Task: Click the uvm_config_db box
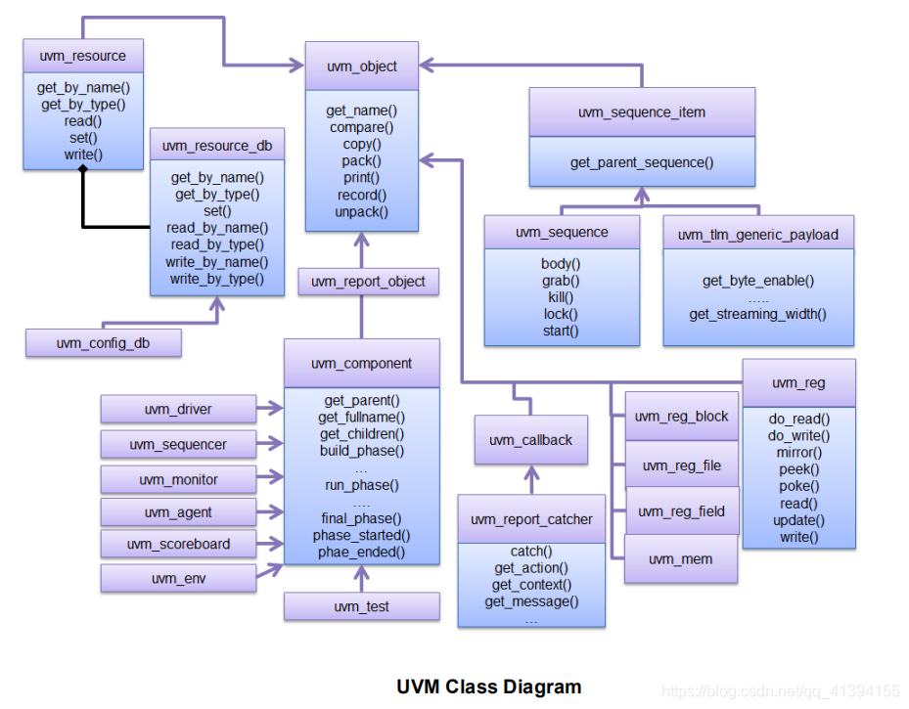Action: tap(104, 343)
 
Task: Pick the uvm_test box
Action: tap(362, 606)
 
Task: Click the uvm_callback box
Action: tap(530, 440)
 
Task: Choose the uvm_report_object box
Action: tap(368, 282)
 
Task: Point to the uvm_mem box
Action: tap(681, 559)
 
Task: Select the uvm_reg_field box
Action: tap(681, 510)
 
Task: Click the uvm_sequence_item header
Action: tap(642, 111)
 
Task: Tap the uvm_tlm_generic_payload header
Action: tap(758, 235)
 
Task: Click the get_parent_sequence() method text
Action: tap(642, 162)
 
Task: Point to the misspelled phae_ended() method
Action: tap(362, 553)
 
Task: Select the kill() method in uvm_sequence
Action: tap(561, 297)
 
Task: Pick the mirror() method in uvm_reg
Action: tap(799, 453)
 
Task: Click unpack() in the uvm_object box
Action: tap(361, 211)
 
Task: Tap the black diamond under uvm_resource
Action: tap(83, 171)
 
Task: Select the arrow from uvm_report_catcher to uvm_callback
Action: tap(531, 479)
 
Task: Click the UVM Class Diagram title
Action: tap(488, 687)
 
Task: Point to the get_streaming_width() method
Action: tap(757, 314)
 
